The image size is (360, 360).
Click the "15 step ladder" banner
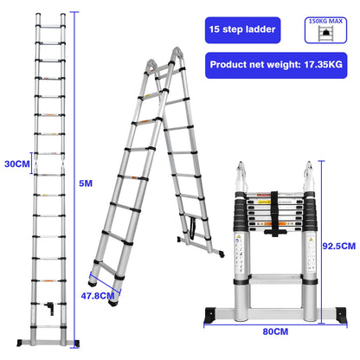click(241, 30)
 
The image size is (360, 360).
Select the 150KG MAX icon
click(328, 31)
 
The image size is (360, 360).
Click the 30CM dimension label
click(14, 163)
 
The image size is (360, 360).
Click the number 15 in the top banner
click(214, 30)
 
